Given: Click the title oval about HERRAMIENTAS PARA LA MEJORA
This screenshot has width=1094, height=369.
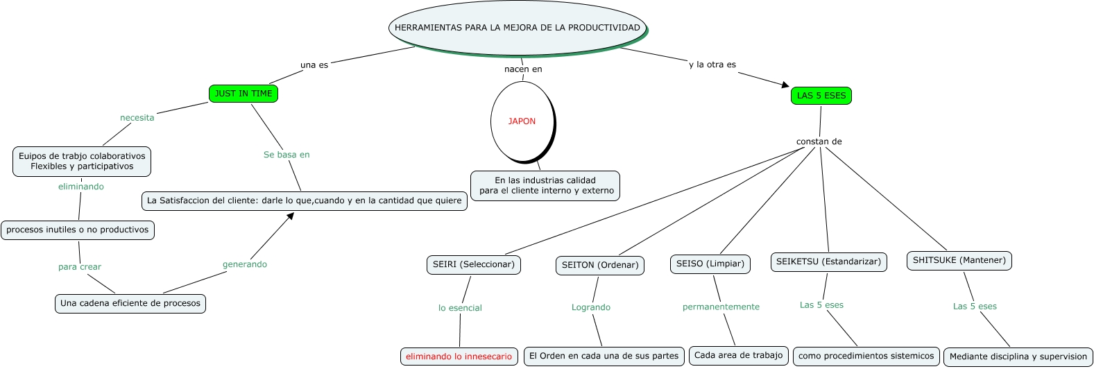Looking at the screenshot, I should [x=518, y=28].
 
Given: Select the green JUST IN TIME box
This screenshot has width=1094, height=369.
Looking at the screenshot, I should [x=243, y=94].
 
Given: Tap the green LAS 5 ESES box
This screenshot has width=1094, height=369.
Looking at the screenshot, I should [x=821, y=96].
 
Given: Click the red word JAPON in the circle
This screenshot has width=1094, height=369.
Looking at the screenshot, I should [x=522, y=121].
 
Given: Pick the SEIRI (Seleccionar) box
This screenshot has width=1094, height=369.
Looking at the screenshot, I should [x=474, y=264].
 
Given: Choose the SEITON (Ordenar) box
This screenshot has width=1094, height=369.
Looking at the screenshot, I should [x=600, y=265].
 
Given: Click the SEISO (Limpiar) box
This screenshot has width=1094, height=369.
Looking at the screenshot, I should [x=710, y=264].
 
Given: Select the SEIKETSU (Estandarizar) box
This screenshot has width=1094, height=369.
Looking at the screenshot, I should [x=828, y=261].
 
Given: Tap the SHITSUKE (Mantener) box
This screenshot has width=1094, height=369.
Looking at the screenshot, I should [x=959, y=260].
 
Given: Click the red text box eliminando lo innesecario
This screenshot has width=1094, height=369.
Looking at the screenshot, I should [x=459, y=357].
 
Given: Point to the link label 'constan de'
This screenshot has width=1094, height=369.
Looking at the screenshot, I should [x=819, y=141].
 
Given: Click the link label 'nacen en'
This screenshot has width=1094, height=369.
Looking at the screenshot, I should [x=523, y=69].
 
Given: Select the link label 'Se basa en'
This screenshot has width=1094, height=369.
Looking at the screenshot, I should [x=287, y=155].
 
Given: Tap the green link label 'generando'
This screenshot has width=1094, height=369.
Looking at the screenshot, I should [x=244, y=264].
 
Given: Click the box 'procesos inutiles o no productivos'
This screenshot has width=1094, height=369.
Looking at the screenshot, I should [x=78, y=230].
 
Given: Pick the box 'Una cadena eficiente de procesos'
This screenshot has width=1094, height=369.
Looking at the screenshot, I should [x=130, y=303].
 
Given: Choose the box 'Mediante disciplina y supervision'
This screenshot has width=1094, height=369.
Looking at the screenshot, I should [x=1018, y=357].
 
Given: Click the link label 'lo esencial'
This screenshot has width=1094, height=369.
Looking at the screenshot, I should [x=460, y=308].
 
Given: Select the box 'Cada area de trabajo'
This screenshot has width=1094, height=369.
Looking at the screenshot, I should [x=738, y=355].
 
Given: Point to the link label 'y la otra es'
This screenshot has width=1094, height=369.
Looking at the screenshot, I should [x=712, y=65].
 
